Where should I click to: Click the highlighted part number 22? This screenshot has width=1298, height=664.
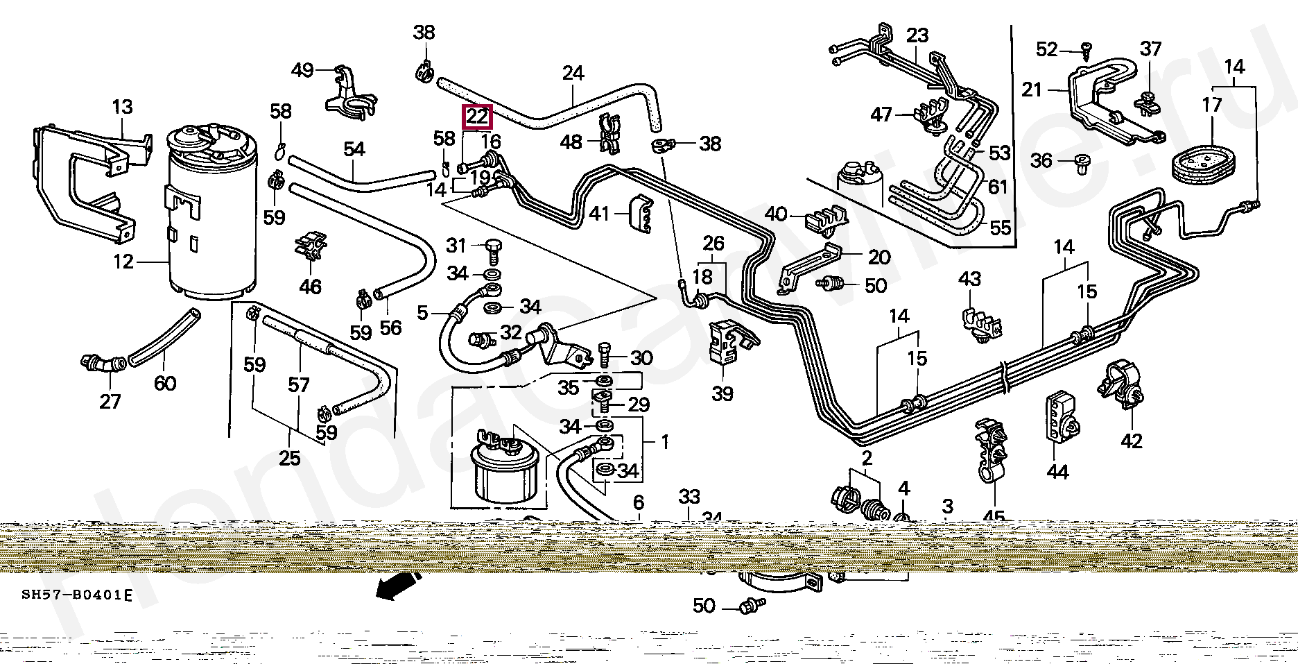point(477,117)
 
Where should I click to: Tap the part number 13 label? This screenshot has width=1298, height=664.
point(122,108)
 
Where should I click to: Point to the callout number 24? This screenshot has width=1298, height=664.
point(573,73)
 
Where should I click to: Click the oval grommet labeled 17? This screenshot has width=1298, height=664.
point(1212,163)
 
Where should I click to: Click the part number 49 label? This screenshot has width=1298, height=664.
point(302,69)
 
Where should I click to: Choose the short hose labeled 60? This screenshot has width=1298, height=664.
point(164,336)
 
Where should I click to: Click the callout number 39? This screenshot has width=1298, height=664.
point(722,393)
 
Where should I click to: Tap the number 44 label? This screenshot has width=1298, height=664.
point(1057,472)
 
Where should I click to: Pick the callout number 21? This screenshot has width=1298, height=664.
point(1032,90)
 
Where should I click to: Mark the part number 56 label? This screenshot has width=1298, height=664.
point(391,327)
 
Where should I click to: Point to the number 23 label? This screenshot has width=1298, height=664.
point(917,35)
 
